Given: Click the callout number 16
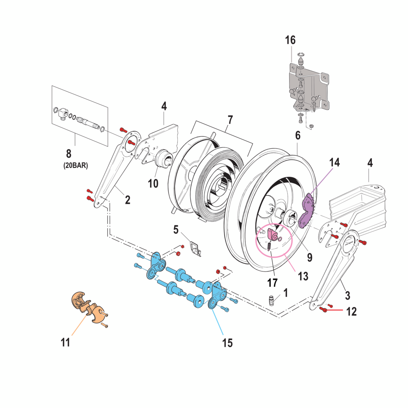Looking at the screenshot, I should coord(290,40).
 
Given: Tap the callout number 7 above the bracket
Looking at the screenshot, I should coord(230,120).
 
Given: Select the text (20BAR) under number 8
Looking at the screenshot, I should coord(76,165).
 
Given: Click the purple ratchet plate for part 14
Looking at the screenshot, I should coord(308,210).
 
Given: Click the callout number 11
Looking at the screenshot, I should coord(65,342).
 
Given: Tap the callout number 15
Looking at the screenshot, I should coord(227,343).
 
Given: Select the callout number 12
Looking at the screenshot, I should coord(351,311).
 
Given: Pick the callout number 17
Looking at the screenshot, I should coord(272,282).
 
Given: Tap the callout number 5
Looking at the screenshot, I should coord(176,229).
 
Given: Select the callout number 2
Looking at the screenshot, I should coord(127,200).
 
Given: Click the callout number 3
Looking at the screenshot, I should coord(347,295).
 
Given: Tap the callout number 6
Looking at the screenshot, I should coord(298,135).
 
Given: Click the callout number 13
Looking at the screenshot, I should coord(303,276).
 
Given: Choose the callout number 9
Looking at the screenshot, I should coord(310,257).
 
